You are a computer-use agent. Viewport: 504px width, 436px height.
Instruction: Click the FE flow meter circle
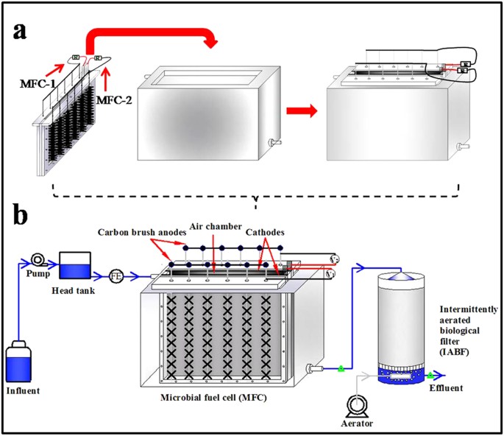115,278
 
